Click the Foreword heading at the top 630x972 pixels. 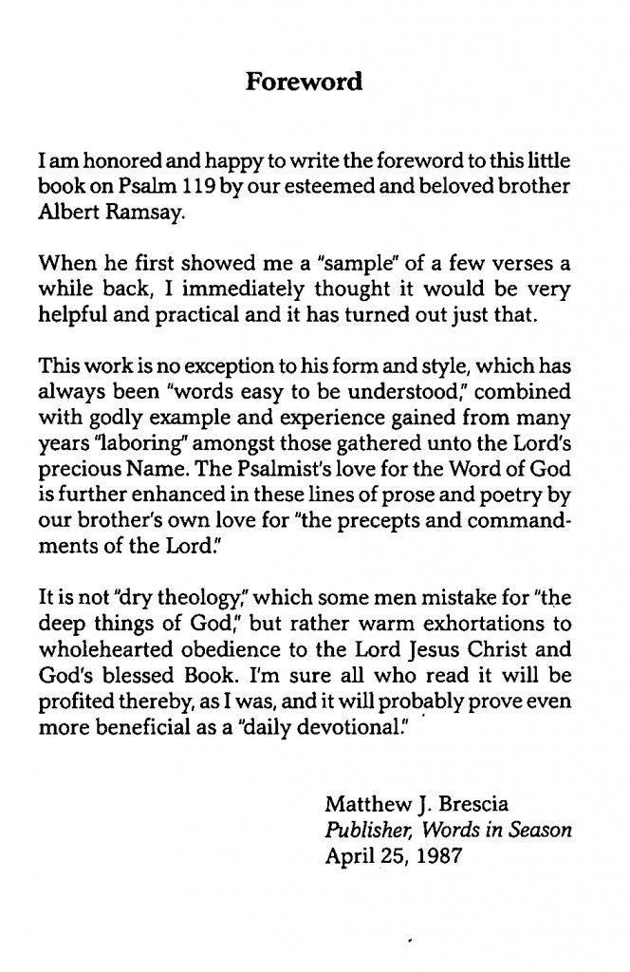(x=304, y=82)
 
